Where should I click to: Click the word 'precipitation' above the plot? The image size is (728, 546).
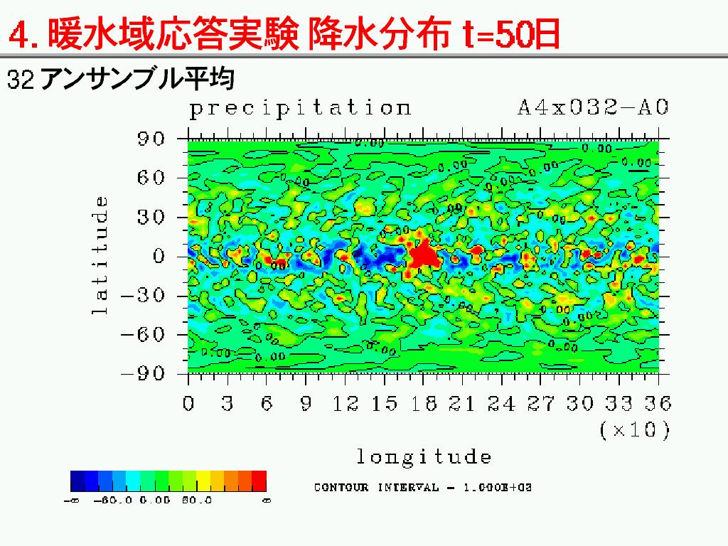click(299, 109)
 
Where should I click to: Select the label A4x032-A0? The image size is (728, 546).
click(593, 108)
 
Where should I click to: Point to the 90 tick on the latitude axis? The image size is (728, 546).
click(151, 139)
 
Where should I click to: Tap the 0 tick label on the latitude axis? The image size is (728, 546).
click(159, 256)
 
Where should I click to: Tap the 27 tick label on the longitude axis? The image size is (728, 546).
click(541, 404)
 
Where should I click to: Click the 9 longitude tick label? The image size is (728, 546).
click(306, 404)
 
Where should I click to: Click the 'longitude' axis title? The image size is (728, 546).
click(424, 456)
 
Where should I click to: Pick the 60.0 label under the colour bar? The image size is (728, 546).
click(198, 500)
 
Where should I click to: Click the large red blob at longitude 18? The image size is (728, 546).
click(423, 254)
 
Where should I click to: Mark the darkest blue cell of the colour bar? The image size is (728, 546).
click(77, 481)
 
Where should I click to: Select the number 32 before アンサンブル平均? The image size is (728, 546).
click(21, 79)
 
